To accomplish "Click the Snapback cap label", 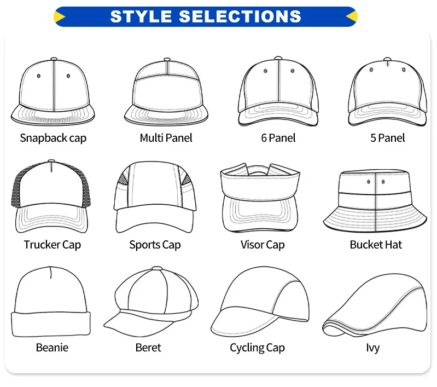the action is click(53, 138).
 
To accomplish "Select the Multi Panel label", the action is click(166, 138).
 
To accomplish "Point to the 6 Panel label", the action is click(278, 138).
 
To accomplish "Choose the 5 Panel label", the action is click(387, 138).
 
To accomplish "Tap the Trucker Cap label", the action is click(52, 244).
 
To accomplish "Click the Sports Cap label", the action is click(155, 244).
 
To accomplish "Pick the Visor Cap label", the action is click(263, 244).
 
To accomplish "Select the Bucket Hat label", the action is click(376, 244).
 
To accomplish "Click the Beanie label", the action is click(52, 347).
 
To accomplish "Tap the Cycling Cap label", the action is click(257, 347).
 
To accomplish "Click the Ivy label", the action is click(373, 347).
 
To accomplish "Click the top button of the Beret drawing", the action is click(157, 269).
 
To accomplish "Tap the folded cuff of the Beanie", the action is click(50, 324).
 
